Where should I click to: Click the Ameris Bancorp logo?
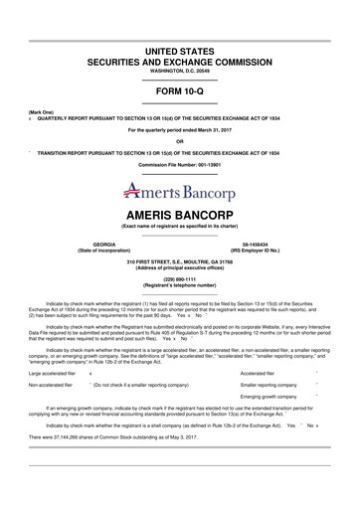click(x=180, y=189)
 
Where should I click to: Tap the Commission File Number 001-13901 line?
click(x=180, y=164)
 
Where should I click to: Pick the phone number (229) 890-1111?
click(x=180, y=279)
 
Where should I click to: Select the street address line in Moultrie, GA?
click(x=180, y=261)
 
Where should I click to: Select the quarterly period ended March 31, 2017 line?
click(x=180, y=130)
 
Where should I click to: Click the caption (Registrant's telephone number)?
click(x=180, y=286)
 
